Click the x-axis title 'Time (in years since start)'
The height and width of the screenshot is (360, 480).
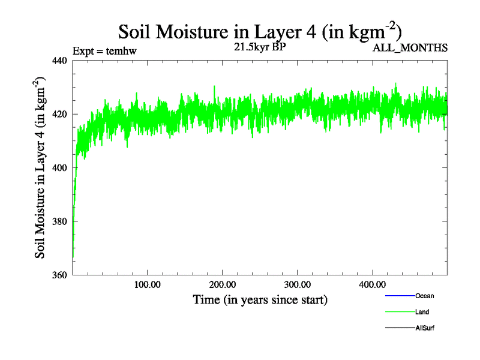(260, 299)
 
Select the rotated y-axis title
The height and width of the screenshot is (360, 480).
(40, 167)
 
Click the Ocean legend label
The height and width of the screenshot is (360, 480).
(424, 296)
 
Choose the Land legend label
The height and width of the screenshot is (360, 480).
(422, 312)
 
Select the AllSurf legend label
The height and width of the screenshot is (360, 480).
(425, 328)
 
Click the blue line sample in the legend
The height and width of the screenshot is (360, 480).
(400, 296)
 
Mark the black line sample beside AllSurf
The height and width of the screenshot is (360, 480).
(400, 328)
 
